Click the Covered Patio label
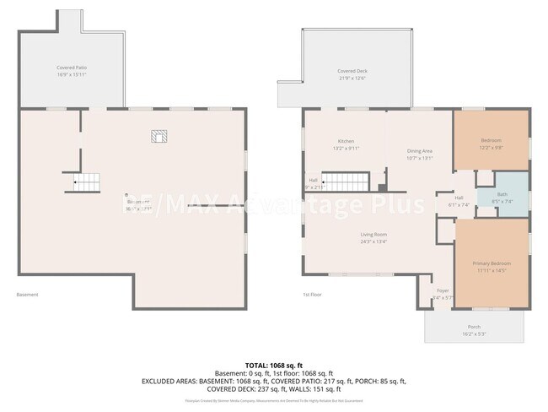(x=72, y=67)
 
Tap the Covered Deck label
(x=352, y=71)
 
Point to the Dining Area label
(x=419, y=150)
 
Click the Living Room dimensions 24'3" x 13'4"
(x=373, y=241)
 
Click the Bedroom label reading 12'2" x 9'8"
(x=492, y=147)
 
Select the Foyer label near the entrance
(x=443, y=290)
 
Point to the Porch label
(x=474, y=328)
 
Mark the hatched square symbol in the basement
(x=158, y=135)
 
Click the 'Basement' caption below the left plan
(x=28, y=295)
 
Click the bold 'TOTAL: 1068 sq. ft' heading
(x=274, y=364)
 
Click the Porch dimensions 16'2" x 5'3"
(x=474, y=334)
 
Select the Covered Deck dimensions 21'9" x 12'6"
(x=352, y=79)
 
